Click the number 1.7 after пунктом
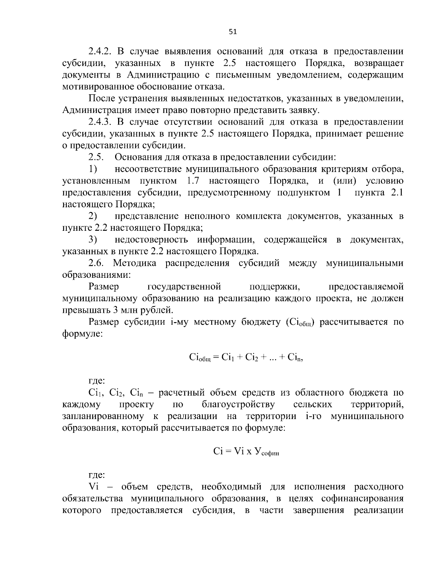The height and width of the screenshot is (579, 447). point(193,181)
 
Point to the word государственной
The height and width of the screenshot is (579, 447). point(184,287)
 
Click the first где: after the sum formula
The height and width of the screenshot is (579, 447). point(96,381)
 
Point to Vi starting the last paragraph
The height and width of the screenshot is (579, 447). point(93,487)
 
